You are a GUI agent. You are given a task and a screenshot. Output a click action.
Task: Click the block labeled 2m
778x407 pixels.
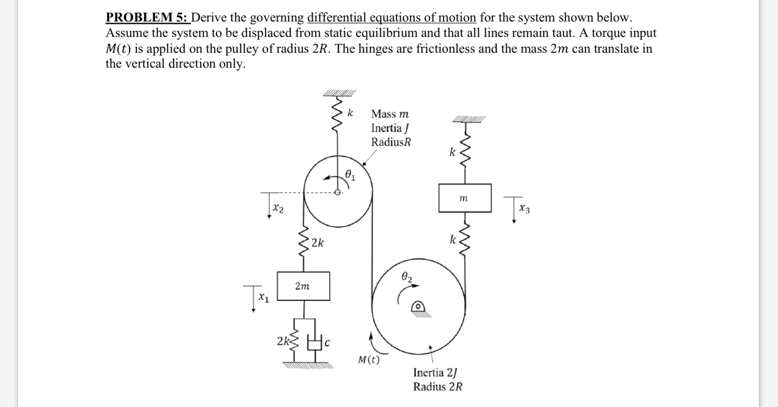[303, 286]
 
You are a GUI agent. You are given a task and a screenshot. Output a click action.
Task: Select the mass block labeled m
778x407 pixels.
[465, 198]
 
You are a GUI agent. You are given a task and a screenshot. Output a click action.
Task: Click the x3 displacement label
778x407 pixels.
[524, 209]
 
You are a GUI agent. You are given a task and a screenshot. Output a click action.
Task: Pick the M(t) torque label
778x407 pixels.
[368, 359]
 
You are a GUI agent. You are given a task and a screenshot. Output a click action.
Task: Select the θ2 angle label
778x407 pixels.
[406, 276]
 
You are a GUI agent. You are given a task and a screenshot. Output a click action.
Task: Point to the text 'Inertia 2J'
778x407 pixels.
[435, 373]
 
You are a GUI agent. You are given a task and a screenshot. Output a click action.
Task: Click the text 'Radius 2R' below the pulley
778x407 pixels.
[438, 386]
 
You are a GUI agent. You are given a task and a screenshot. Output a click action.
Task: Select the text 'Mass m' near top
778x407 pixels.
[390, 114]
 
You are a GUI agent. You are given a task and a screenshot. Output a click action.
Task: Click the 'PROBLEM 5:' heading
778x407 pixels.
[147, 18]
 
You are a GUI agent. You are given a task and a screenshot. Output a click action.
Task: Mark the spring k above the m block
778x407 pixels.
[465, 152]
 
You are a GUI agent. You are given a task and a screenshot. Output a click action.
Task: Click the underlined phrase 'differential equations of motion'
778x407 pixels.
[391, 18]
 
